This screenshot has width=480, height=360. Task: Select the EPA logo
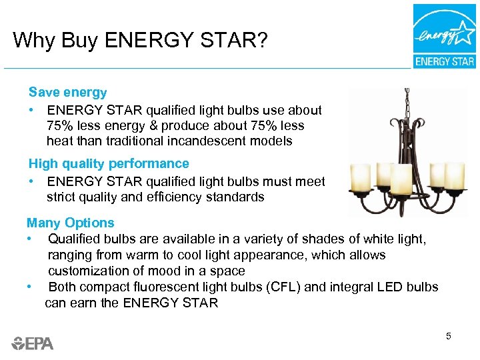pyautogui.click(x=32, y=343)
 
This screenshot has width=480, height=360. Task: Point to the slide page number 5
pyautogui.click(x=449, y=336)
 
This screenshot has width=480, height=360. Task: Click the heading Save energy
pyautogui.click(x=67, y=93)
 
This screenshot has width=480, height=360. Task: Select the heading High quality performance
pyautogui.click(x=109, y=163)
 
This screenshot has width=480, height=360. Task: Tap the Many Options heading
pyautogui.click(x=70, y=223)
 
